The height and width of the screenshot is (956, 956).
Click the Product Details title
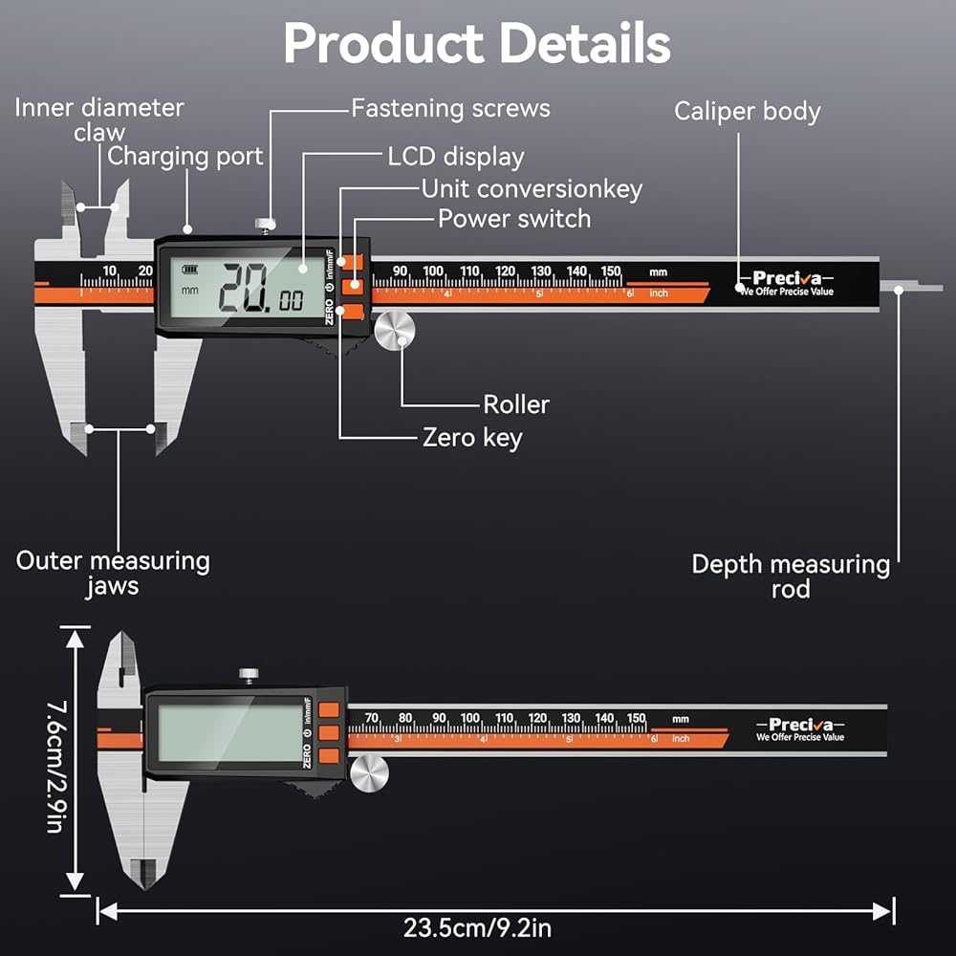pos(477,43)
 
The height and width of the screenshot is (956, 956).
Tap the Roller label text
pos(516,404)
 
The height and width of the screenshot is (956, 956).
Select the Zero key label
pos(472,438)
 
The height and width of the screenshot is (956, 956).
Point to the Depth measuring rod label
pos(791,576)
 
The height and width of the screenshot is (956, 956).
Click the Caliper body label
pos(747,111)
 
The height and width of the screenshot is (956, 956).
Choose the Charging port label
pos(185,156)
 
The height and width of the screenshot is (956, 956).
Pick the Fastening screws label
pos(450,108)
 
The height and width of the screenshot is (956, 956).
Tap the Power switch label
pos(514,219)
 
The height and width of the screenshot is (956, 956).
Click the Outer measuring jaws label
pos(113,573)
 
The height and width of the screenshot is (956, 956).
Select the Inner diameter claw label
pos(98,119)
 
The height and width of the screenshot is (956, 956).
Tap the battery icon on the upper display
pos(193,268)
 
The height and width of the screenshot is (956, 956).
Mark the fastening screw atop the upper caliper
pos(263,226)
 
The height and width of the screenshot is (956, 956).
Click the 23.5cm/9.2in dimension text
pos(476,927)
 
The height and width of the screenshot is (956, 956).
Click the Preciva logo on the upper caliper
pos(786,278)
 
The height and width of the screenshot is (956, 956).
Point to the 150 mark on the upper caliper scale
pos(611,271)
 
